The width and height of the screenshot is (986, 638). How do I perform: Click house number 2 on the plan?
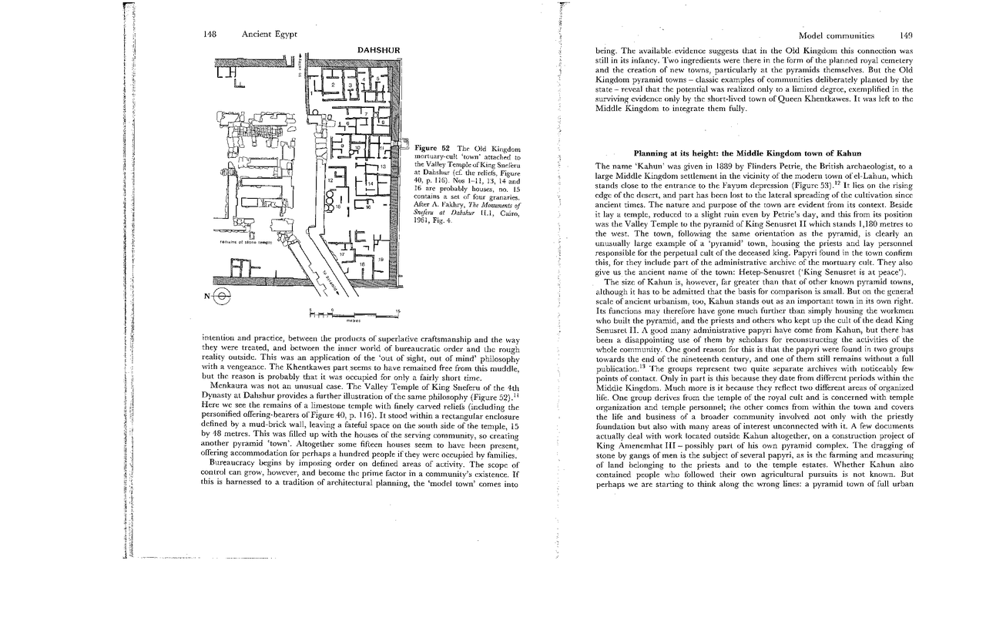[334, 84]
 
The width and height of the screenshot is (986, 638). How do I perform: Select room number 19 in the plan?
[380, 260]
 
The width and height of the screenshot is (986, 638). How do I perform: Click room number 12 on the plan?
[330, 179]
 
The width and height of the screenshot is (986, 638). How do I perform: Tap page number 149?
[905, 35]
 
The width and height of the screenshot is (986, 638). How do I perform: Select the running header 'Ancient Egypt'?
[269, 35]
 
